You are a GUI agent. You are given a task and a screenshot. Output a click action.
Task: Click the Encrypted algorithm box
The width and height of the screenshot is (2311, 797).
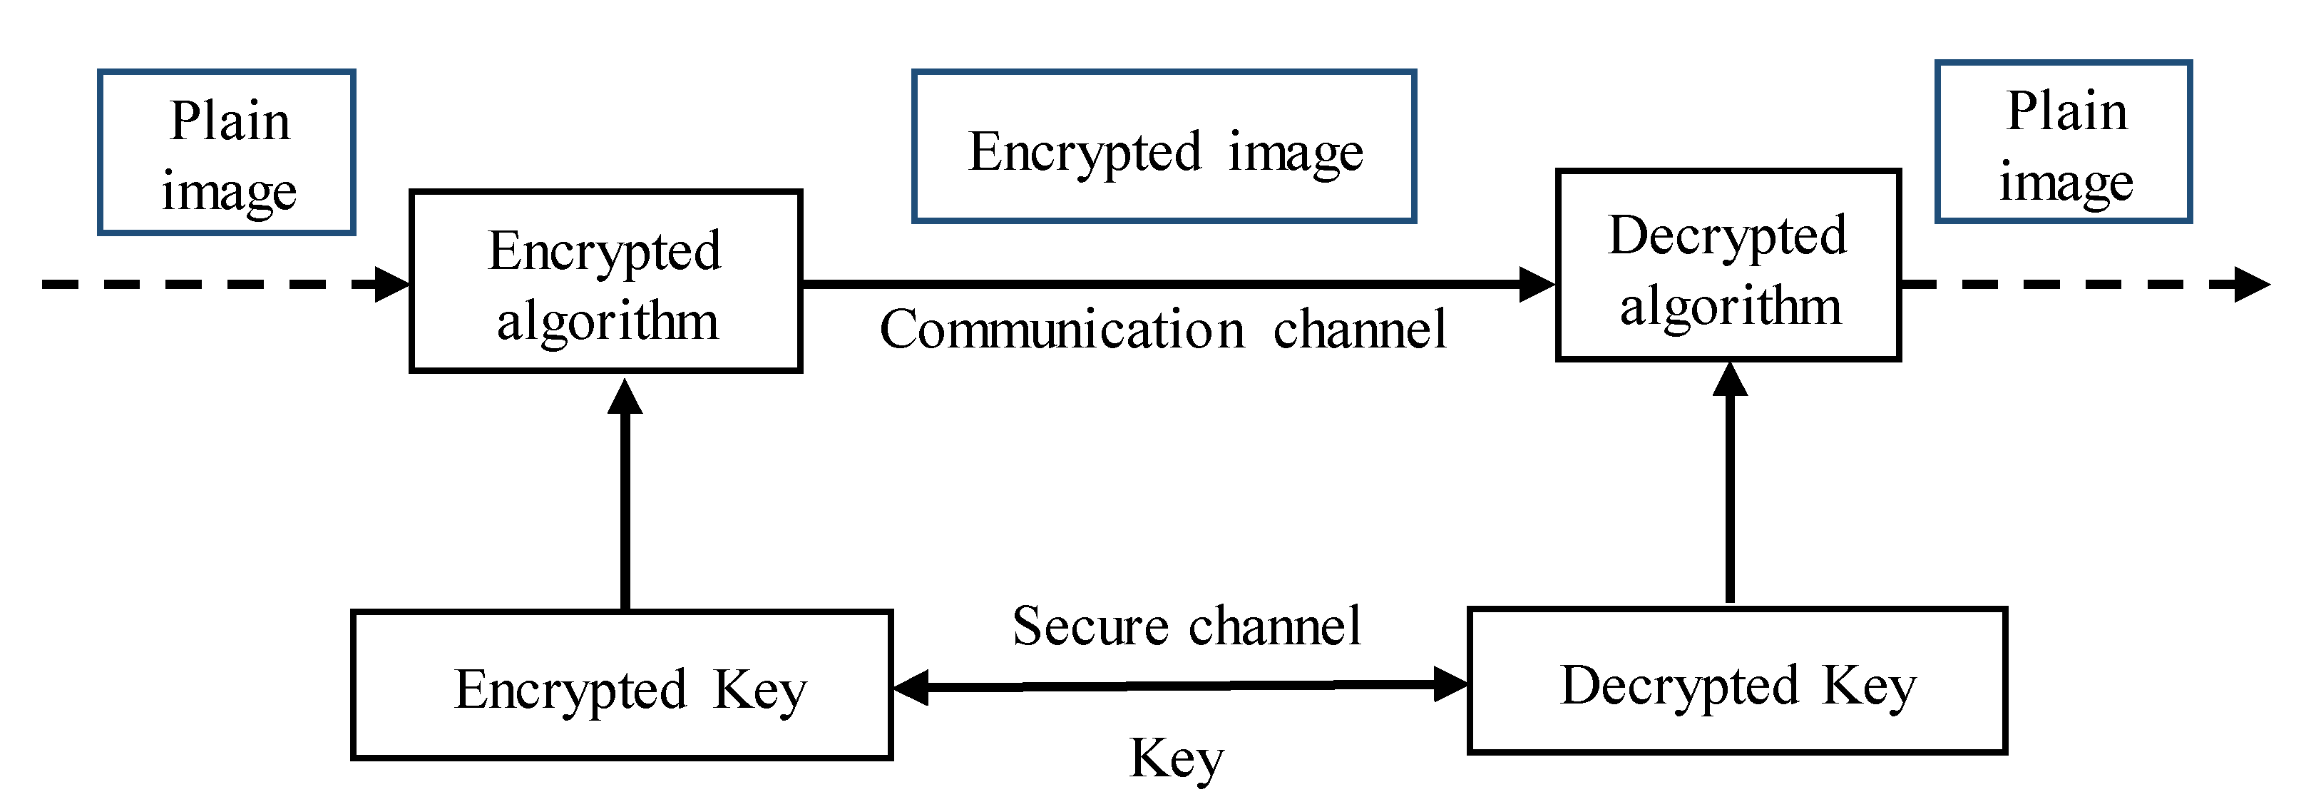coord(605,281)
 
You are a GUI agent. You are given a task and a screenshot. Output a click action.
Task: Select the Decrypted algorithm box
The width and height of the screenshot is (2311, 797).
coord(1728,265)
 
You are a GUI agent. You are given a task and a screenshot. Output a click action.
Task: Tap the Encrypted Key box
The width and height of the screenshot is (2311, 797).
coord(622,685)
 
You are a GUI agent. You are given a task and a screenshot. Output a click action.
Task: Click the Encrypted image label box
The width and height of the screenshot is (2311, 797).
coord(1164,146)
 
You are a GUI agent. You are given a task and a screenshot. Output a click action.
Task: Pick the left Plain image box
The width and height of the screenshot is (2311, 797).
coord(227,153)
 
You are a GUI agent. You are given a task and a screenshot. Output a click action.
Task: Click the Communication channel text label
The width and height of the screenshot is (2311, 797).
coord(1163,330)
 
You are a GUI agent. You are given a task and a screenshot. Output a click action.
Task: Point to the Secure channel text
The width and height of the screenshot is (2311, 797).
coord(1186,626)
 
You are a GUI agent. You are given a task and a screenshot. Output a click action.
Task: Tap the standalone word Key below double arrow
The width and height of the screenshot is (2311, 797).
coord(1176,758)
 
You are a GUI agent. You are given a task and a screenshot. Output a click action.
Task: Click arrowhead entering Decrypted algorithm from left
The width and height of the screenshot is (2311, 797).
coord(1536,285)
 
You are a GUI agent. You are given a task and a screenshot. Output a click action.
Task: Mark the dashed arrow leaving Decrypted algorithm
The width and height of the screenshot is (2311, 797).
coord(2081,285)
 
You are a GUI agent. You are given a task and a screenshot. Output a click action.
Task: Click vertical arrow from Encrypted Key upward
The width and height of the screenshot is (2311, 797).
coord(625,502)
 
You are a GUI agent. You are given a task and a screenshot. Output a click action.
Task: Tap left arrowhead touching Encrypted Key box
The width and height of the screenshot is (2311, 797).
coord(911,689)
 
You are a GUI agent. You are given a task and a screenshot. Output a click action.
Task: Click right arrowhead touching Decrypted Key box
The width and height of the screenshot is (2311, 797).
coord(1450,684)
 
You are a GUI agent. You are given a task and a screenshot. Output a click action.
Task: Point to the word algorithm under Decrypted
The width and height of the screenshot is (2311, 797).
coord(1731,306)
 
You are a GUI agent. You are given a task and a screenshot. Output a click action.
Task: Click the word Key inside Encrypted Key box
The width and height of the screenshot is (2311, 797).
coord(760,691)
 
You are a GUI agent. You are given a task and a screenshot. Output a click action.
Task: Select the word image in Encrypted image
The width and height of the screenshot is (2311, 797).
coord(1296,153)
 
